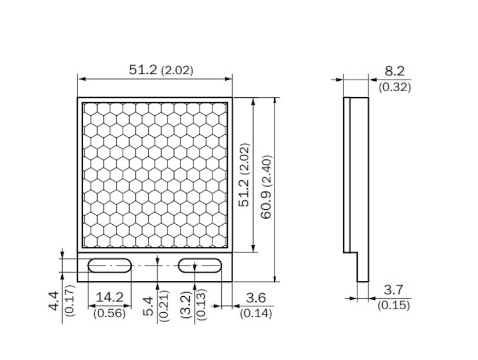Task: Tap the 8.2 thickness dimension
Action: click(x=395, y=71)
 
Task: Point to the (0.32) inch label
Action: click(x=395, y=87)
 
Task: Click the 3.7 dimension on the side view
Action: click(x=394, y=290)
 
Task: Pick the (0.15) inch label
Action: click(x=394, y=305)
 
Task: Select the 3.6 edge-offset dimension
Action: click(x=256, y=298)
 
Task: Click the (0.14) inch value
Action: click(x=256, y=313)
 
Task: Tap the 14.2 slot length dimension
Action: click(x=110, y=297)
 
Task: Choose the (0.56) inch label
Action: click(x=110, y=313)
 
